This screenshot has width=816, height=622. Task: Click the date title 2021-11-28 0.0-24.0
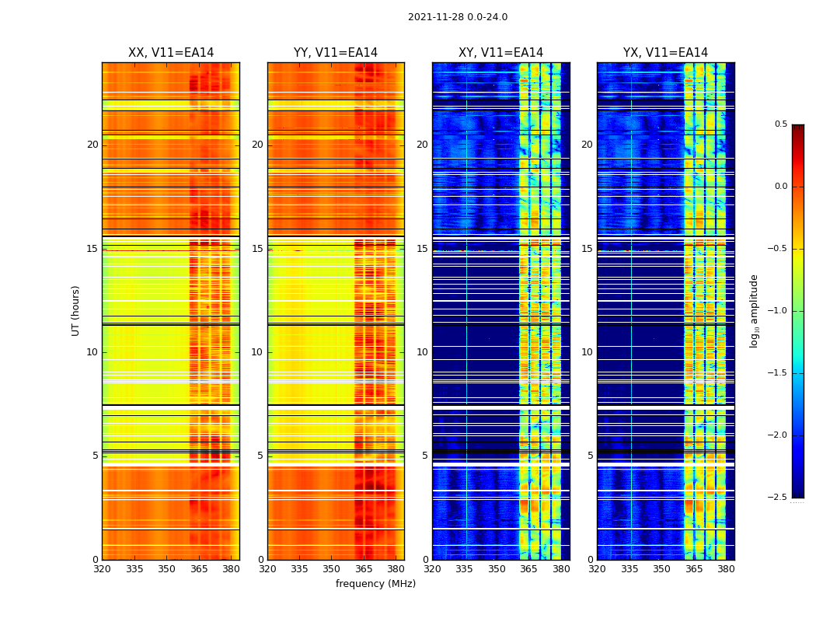457,17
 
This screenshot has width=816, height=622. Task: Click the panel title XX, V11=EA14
171,53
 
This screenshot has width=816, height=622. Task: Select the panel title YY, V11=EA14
336,53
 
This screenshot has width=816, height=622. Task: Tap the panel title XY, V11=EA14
500,53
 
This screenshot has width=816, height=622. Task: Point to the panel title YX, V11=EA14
665,53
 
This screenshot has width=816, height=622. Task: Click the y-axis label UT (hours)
76,310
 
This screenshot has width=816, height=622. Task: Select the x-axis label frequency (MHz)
375,584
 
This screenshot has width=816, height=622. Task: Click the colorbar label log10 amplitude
754,310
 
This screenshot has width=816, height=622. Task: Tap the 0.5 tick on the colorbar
780,124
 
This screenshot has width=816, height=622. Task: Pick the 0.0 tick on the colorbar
780,187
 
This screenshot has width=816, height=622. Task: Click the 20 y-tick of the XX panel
92,145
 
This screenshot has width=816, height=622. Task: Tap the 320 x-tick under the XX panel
102,569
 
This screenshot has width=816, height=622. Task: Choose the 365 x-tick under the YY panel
364,569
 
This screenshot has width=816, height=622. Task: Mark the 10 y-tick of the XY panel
422,352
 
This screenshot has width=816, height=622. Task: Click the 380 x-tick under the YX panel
726,569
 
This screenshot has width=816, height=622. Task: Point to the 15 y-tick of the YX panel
587,249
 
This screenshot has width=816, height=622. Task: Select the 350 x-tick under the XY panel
497,569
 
